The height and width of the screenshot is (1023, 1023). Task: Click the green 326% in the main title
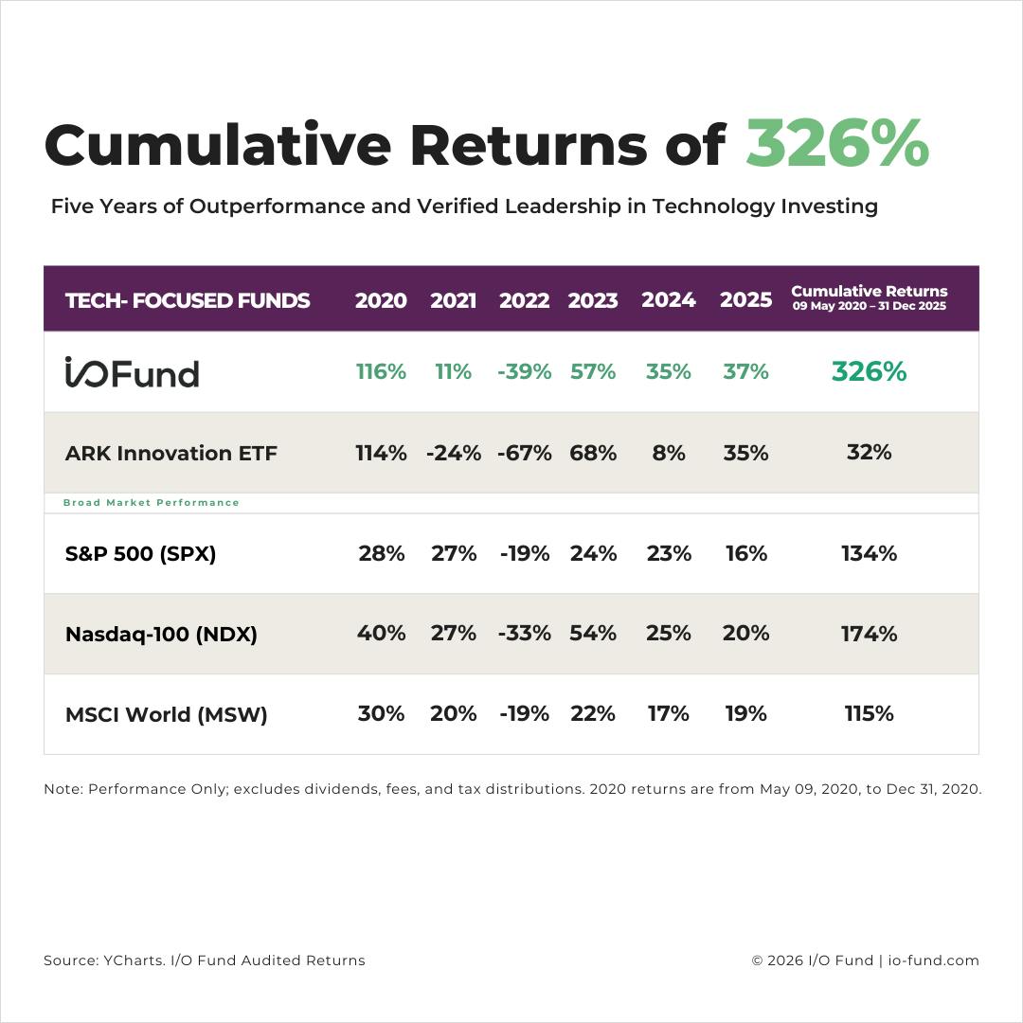(836, 145)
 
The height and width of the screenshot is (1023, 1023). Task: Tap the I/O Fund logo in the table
(132, 372)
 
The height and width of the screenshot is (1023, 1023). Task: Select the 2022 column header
(524, 300)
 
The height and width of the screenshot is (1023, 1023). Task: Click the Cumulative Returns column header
(869, 297)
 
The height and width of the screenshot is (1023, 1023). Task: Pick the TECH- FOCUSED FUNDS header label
(188, 300)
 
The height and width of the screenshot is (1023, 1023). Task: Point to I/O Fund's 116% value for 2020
(381, 372)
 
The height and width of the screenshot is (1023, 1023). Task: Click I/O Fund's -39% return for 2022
(524, 372)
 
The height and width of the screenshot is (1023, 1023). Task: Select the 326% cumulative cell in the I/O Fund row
(869, 372)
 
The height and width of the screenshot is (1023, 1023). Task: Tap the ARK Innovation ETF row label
(171, 453)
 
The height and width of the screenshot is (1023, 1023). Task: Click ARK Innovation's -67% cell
(524, 453)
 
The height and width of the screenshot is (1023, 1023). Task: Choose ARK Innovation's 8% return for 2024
(669, 453)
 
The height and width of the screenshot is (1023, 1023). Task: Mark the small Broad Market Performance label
(152, 502)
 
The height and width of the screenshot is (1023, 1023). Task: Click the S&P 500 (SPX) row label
(141, 553)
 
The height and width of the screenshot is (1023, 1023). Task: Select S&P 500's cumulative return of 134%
(869, 553)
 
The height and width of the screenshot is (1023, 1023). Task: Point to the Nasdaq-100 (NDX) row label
(161, 634)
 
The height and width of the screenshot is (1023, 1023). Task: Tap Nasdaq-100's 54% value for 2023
(593, 634)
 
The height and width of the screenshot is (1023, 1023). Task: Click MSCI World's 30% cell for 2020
(381, 713)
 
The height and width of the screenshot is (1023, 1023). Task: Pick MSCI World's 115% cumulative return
(869, 713)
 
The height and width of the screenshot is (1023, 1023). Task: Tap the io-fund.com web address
(933, 960)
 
